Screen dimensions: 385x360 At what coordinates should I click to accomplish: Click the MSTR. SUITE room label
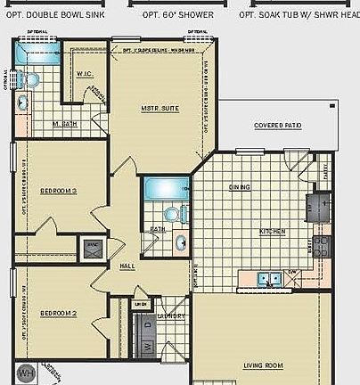click(160, 108)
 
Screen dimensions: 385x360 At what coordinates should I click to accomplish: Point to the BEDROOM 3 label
click(59, 190)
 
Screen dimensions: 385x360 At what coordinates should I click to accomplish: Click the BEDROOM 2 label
click(59, 312)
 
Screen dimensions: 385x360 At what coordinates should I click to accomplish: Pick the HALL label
click(127, 266)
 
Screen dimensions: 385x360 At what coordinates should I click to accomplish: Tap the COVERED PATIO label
click(277, 126)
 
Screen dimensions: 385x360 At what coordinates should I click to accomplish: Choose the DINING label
click(240, 187)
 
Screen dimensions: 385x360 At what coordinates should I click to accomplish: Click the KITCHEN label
click(272, 232)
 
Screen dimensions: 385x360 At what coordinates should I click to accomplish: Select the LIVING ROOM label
click(263, 365)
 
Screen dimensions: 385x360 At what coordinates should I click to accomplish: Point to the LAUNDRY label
click(171, 316)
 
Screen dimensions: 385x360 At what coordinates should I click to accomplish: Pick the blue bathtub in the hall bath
click(165, 189)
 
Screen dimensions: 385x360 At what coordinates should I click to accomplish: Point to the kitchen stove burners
click(321, 246)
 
